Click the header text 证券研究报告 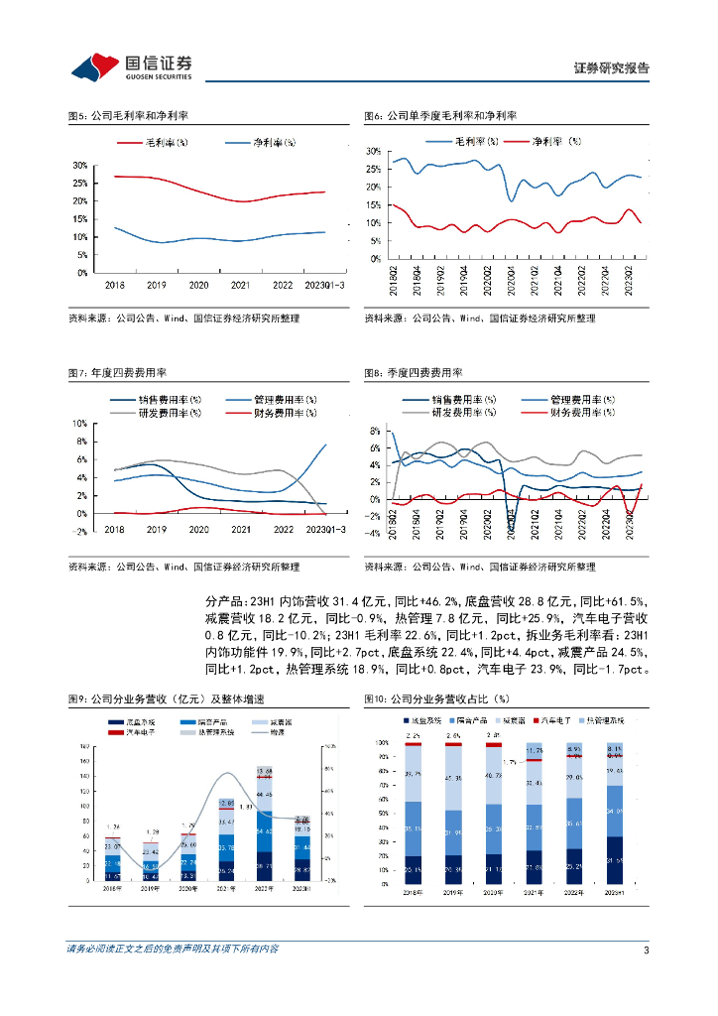click(612, 68)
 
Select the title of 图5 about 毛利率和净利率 click(126, 116)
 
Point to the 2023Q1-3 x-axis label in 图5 click(322, 284)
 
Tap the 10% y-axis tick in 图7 click(80, 423)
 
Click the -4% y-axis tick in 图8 click(375, 533)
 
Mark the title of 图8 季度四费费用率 click(414, 373)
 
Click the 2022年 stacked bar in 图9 click(265, 821)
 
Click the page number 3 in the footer click(646, 950)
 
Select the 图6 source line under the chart click(480, 318)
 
